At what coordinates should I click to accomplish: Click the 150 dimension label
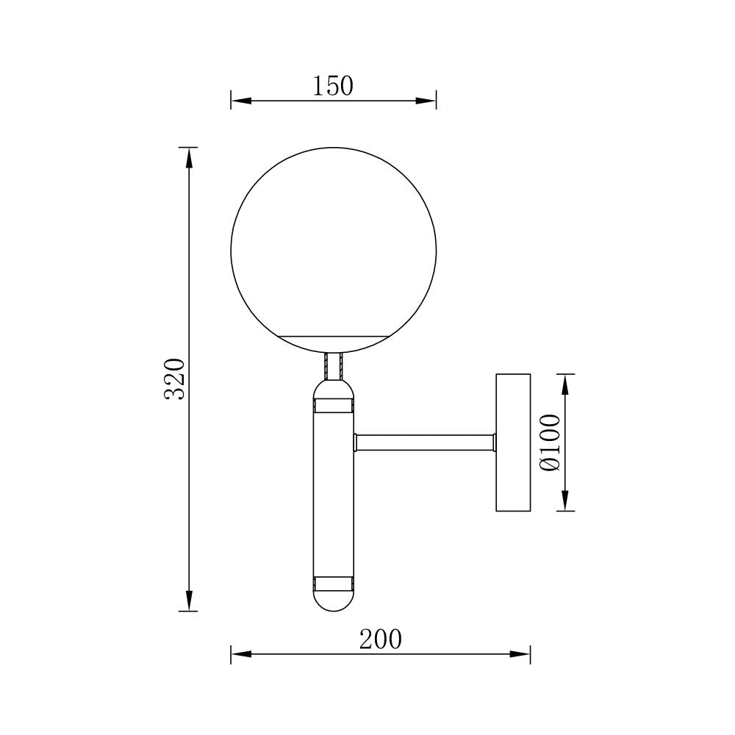click(x=333, y=86)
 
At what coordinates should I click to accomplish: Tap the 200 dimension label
click(x=381, y=639)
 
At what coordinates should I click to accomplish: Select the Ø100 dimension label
click(x=550, y=442)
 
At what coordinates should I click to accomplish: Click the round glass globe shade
click(x=333, y=243)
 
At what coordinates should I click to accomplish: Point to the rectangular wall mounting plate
click(x=513, y=442)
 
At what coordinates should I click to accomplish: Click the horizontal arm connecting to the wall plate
click(x=424, y=442)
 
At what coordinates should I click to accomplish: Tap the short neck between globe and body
click(x=333, y=365)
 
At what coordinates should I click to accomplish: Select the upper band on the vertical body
click(x=333, y=405)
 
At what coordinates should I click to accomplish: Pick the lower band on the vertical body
click(x=333, y=584)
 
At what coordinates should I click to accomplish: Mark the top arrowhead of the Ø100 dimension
click(x=564, y=383)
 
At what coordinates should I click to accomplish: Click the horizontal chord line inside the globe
click(x=333, y=336)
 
